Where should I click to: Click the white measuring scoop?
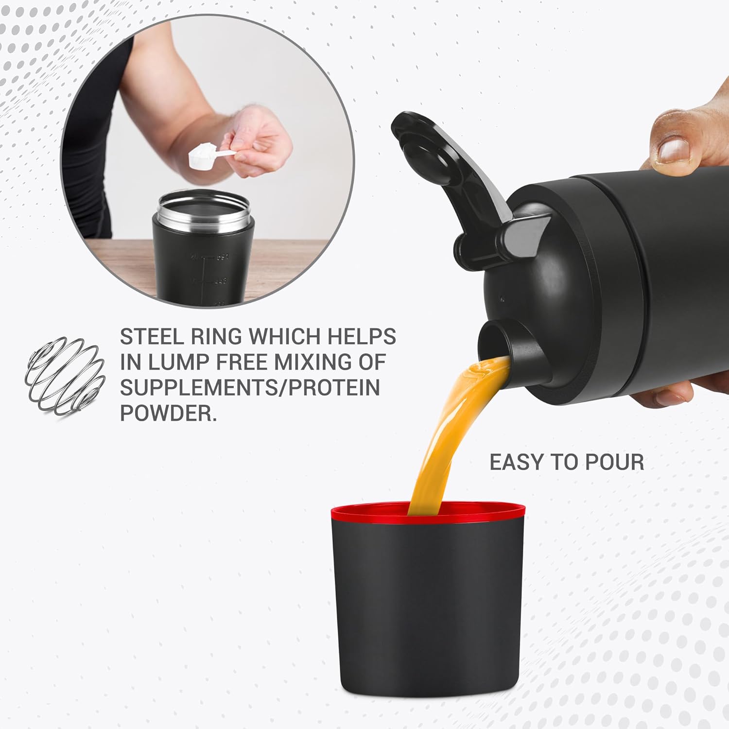tap(202, 156)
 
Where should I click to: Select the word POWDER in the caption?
tap(168, 413)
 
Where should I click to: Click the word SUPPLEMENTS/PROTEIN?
tap(249, 388)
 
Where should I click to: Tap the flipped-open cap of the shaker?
tap(437, 160)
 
